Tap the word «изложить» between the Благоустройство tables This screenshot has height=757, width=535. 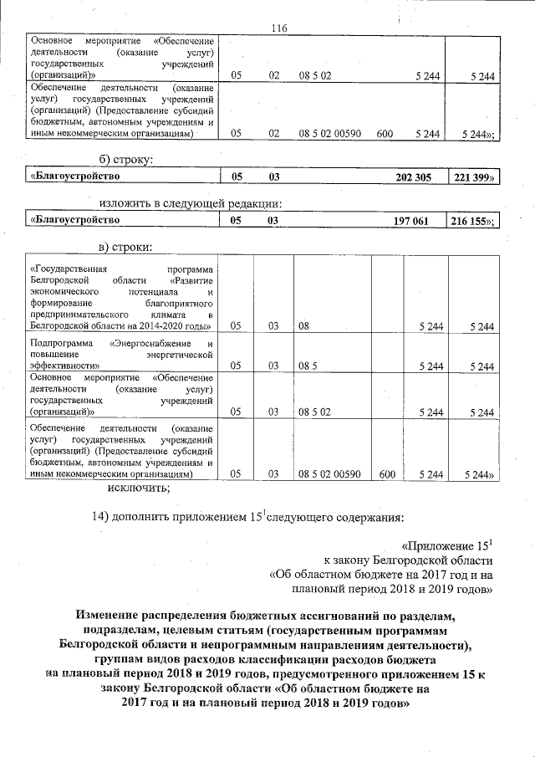(x=126, y=202)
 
